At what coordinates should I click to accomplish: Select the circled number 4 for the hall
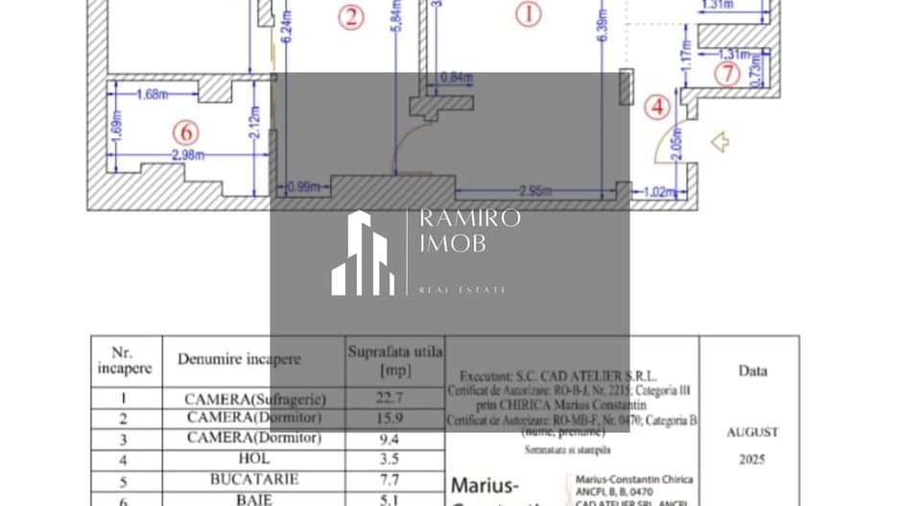[657, 107]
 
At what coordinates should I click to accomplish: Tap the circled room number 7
[727, 73]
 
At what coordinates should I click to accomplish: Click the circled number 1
[528, 13]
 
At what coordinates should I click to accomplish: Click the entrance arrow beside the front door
[720, 143]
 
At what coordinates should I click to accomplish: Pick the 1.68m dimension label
[152, 94]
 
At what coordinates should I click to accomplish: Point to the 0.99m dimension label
[301, 188]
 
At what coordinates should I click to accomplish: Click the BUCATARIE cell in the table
[254, 478]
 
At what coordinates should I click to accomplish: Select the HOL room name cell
[254, 458]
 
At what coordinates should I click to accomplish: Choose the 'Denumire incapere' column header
[238, 359]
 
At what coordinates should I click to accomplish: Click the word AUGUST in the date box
[752, 432]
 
